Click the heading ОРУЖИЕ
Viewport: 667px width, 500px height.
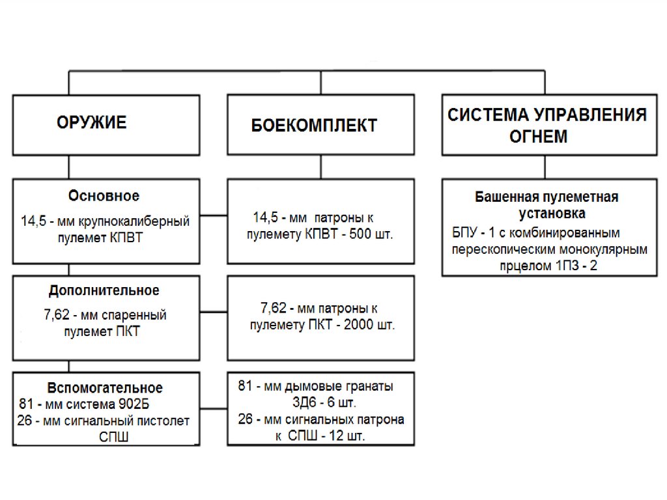click(92, 122)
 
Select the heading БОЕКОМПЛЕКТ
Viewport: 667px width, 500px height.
click(314, 125)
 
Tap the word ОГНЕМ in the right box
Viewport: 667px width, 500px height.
click(539, 137)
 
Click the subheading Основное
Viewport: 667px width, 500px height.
click(104, 196)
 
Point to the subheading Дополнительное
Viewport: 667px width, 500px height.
click(104, 290)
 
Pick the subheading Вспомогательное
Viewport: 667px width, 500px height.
click(105, 389)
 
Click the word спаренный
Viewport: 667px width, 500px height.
click(134, 315)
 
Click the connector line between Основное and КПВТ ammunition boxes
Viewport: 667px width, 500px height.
click(214, 216)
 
